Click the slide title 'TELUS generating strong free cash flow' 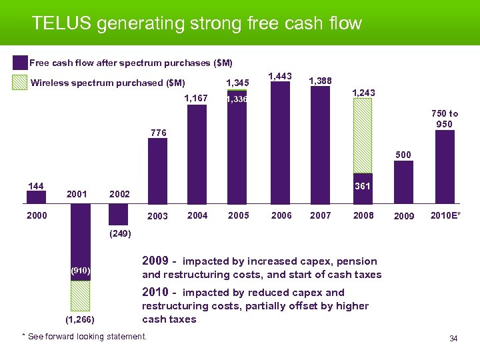click(x=197, y=24)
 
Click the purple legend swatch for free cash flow click(x=20, y=63)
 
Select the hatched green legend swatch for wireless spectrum click(x=20, y=83)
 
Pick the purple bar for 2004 click(x=197, y=154)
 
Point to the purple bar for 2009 click(x=403, y=182)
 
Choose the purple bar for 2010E click(x=445, y=167)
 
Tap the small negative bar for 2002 click(x=118, y=214)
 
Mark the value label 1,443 click(x=280, y=77)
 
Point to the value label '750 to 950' click(x=445, y=119)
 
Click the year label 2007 click(x=321, y=215)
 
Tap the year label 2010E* click(x=445, y=215)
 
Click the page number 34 click(x=453, y=339)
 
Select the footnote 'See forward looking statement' click(x=84, y=337)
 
